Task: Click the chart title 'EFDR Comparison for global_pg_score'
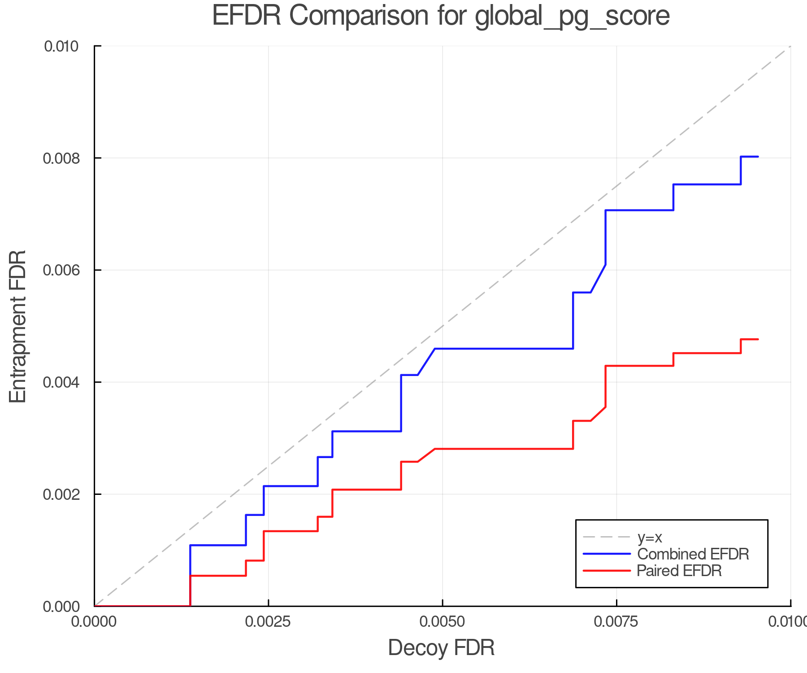441,16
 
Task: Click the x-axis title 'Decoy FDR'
441,648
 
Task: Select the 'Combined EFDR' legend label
693,554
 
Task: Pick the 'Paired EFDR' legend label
679,571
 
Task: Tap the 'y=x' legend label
650,538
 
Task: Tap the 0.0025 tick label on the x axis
268,622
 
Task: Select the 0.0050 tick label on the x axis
443,622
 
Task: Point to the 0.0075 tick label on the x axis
616,622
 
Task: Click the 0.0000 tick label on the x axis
94,622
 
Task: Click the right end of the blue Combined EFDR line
758,157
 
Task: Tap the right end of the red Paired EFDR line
758,339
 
